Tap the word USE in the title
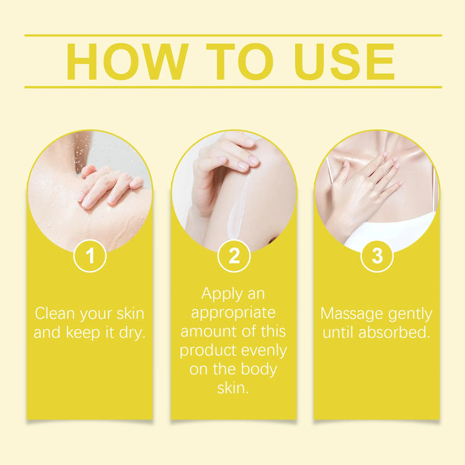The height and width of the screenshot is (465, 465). click(x=345, y=61)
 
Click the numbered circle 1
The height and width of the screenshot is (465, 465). click(x=90, y=255)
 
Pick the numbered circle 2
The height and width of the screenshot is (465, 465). click(x=234, y=255)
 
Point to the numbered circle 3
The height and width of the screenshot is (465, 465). click(x=377, y=255)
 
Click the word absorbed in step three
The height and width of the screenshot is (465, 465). click(x=394, y=332)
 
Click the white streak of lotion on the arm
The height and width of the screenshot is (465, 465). click(x=239, y=207)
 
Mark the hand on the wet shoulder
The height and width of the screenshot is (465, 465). click(x=109, y=186)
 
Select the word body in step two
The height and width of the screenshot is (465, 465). click(x=259, y=370)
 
